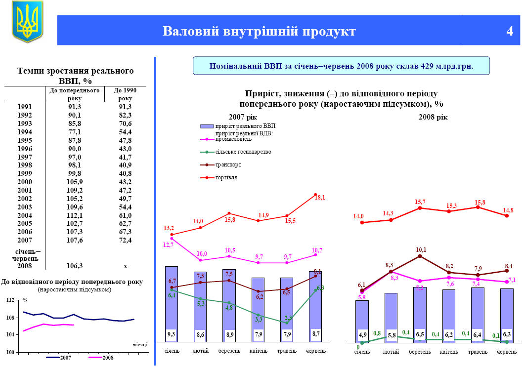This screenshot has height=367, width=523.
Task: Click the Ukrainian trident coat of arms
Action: [x=27, y=21]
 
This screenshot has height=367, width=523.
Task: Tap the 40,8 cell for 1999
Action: [x=125, y=173]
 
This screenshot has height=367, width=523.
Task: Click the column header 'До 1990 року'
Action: [x=125, y=94]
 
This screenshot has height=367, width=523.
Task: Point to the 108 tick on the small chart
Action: [x=9, y=318]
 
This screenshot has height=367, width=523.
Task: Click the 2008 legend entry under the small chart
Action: [x=101, y=357]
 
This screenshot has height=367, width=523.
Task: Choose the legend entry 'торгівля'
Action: [x=226, y=177]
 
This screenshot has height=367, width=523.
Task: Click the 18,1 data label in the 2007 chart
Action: [x=320, y=197]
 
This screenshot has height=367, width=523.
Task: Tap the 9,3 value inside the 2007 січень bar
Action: [x=171, y=334]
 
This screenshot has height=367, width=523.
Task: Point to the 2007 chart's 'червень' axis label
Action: [x=316, y=351]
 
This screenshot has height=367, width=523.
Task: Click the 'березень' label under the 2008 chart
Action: [x=420, y=352]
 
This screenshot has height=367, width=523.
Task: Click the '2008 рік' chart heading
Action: [x=433, y=117]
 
